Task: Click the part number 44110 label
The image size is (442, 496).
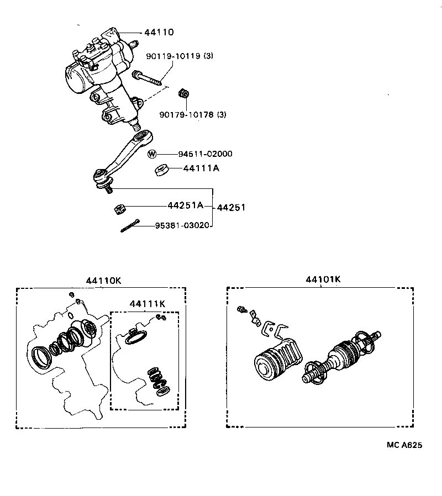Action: pos(159,33)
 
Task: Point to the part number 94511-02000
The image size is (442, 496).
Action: pos(205,154)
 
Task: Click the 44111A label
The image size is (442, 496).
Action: pos(201,168)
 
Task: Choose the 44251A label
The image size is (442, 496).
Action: pos(186,205)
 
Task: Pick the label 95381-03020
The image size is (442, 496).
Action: pos(183,225)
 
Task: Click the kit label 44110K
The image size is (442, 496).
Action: pos(103,280)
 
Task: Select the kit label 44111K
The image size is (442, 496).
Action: pos(148,304)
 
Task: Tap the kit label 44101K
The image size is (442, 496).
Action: pos(323,279)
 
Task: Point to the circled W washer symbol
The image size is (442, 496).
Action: pos(152,154)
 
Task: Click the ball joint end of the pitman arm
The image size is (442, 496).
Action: pos(102,177)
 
